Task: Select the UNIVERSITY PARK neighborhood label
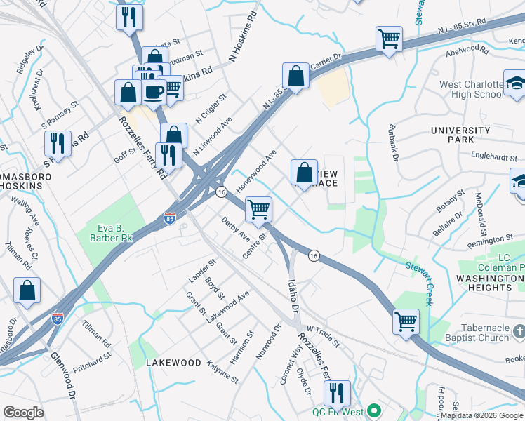(x=460, y=135)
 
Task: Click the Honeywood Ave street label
(x=257, y=171)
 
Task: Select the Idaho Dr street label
(x=293, y=295)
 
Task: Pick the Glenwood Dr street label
(x=62, y=376)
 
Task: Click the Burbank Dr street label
(x=394, y=142)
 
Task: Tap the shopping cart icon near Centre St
(x=259, y=208)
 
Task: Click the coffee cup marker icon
(x=154, y=91)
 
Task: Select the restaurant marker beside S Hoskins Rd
(x=58, y=142)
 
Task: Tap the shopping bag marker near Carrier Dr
(x=296, y=76)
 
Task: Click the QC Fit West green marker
(x=374, y=411)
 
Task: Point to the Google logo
(x=23, y=413)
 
